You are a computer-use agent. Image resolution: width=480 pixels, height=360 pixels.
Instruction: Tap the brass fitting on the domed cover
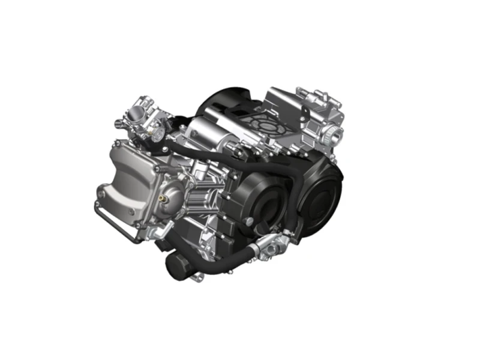pos(161,196)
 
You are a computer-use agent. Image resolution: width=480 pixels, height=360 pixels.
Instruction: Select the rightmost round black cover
pos(321,192)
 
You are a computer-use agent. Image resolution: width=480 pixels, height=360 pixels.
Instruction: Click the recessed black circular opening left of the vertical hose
pos(264,207)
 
